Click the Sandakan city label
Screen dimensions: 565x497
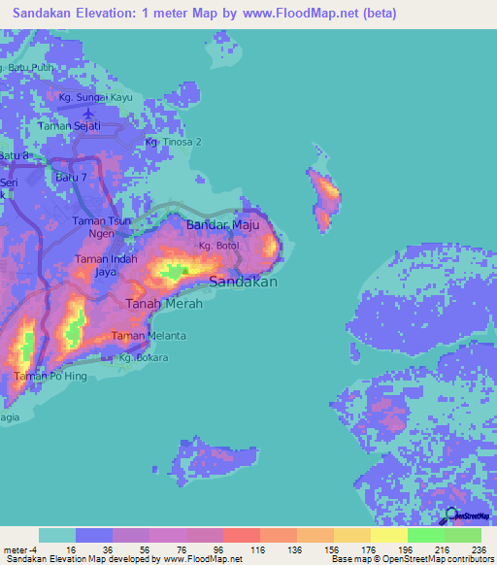(x=244, y=282)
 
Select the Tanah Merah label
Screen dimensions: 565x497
(x=164, y=304)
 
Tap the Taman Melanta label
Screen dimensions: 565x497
(x=149, y=336)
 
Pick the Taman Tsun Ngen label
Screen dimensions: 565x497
(x=100, y=227)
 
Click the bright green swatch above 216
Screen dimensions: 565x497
(x=425, y=535)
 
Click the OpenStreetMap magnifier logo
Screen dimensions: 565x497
(x=451, y=518)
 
